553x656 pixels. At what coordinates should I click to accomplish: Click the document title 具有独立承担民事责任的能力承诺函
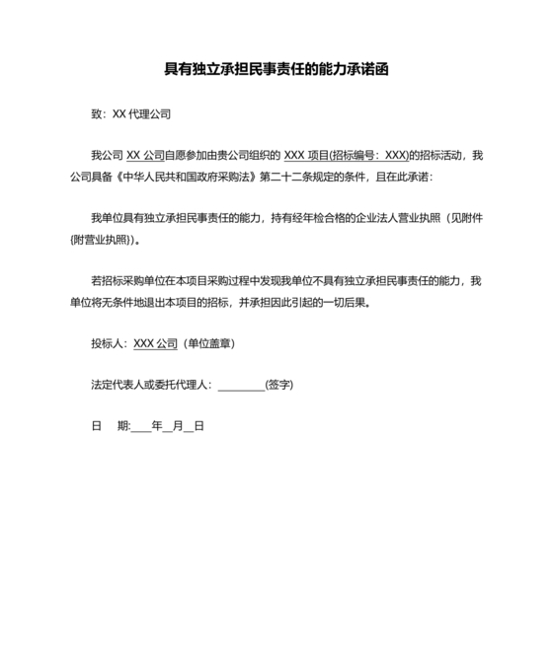point(276,70)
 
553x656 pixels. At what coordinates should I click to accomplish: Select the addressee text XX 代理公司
point(141,114)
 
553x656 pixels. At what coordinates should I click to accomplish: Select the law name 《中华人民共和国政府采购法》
point(188,177)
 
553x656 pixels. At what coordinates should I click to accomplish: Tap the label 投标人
point(106,343)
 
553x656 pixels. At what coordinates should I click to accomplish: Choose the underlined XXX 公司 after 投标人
point(155,343)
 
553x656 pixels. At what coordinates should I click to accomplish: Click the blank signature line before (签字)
point(241,386)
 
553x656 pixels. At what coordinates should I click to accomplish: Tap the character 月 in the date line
point(177,426)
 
